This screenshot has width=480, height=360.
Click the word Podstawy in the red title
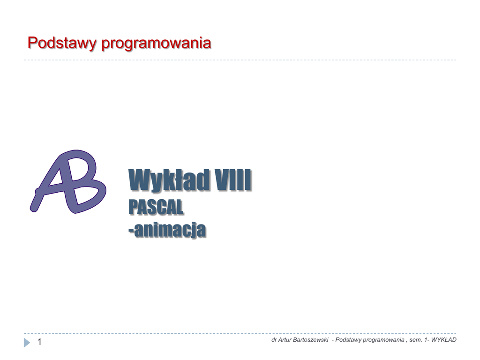click(62, 43)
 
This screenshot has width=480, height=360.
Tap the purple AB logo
click(68, 181)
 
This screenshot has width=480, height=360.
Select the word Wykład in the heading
click(169, 180)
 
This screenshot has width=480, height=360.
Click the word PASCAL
click(156, 207)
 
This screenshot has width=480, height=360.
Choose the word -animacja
click(167, 230)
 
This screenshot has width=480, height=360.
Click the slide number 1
click(39, 342)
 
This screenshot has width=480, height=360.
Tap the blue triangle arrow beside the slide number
click(27, 343)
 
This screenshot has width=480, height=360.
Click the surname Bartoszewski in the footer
click(310, 340)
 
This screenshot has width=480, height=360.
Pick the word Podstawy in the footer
click(347, 340)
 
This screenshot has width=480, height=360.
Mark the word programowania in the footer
click(382, 340)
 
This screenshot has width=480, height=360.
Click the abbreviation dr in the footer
click(274, 340)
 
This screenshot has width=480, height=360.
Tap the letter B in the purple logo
click(86, 183)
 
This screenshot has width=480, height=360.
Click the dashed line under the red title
click(240, 60)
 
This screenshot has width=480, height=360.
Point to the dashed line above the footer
click(240, 333)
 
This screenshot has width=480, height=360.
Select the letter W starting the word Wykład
click(139, 180)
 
